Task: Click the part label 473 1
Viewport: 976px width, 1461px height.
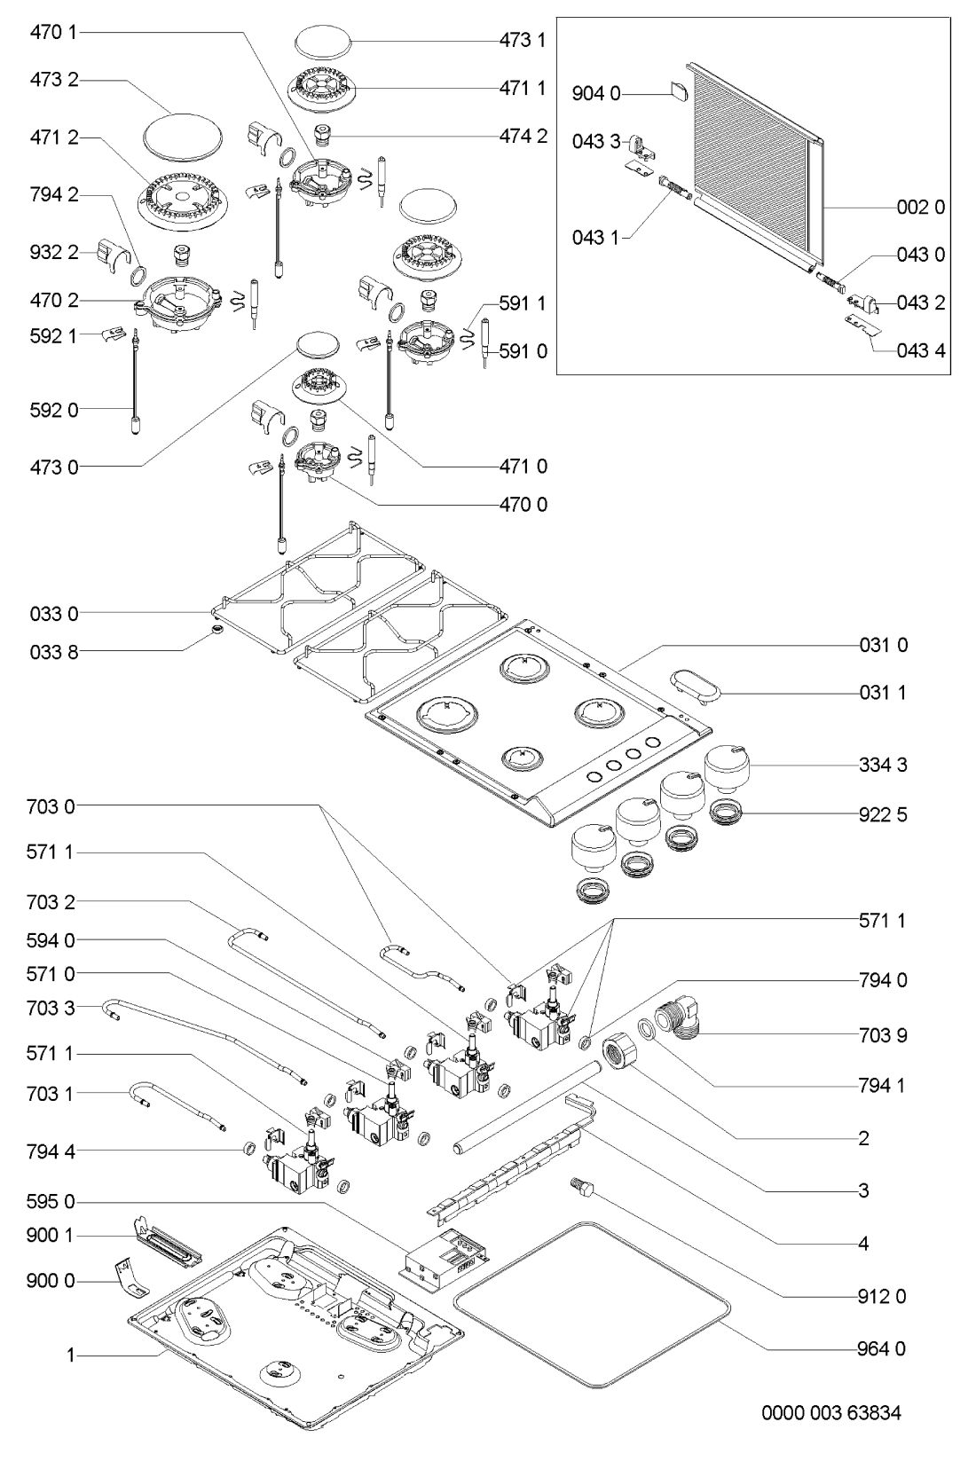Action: [523, 40]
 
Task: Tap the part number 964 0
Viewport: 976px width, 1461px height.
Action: [882, 1348]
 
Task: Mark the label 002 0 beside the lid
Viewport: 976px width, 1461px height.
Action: [920, 208]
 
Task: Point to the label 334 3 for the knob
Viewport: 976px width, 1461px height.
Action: [883, 765]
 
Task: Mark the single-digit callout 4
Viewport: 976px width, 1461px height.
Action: [863, 1244]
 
